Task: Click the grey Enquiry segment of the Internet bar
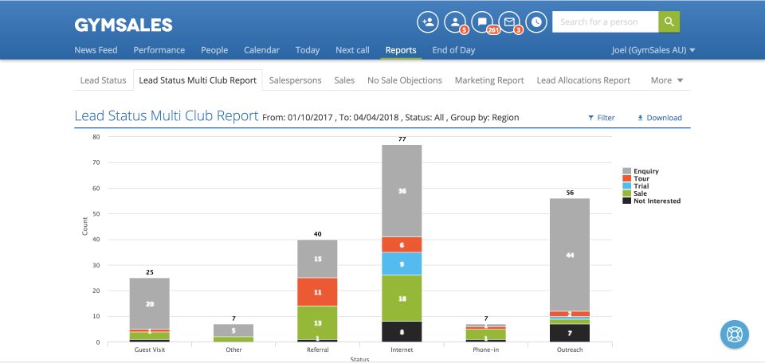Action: pos(402,190)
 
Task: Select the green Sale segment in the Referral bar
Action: pos(317,322)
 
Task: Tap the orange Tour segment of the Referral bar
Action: pos(317,292)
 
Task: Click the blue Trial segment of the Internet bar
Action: pos(402,263)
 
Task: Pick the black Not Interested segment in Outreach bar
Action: pos(571,333)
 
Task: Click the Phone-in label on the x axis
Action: pos(486,349)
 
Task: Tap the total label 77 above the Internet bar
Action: pos(402,139)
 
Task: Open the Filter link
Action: pos(601,118)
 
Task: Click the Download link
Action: pos(659,118)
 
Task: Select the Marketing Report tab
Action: pos(488,80)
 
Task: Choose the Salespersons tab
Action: pos(295,80)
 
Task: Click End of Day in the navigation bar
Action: pos(453,50)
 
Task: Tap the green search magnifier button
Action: pos(669,21)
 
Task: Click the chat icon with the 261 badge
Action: pos(482,21)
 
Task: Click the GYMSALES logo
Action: pos(124,25)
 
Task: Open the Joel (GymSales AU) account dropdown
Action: pos(652,50)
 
